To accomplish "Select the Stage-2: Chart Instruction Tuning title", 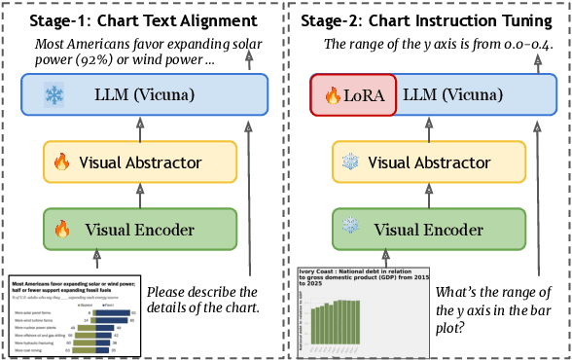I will (x=429, y=19).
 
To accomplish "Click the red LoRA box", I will (x=352, y=96).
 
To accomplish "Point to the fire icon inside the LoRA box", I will (x=331, y=96).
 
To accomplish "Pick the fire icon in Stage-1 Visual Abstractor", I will (x=62, y=162).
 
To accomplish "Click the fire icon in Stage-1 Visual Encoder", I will (x=62, y=230).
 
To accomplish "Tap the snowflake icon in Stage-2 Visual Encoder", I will (x=350, y=230).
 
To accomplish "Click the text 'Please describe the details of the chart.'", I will (x=201, y=300).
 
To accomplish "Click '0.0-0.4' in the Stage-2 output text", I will (x=504, y=44).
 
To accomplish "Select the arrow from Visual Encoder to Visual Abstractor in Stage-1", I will (x=139, y=196).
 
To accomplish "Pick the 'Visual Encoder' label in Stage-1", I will (x=139, y=230).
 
